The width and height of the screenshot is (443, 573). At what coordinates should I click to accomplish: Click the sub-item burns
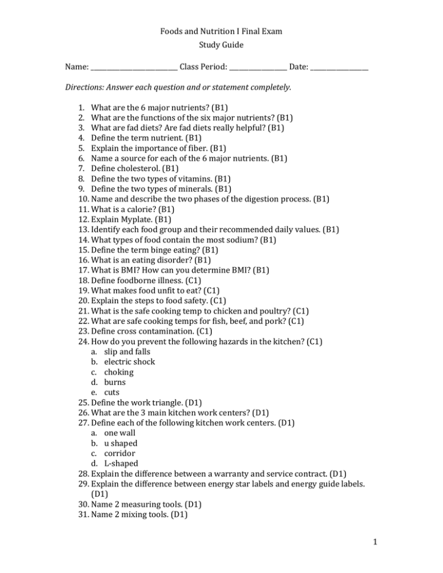pos(115,386)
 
